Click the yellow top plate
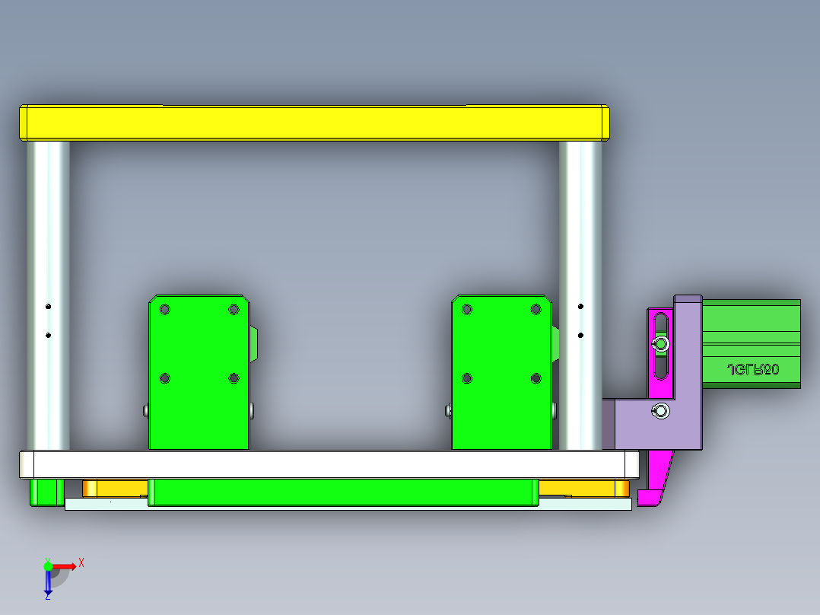[313, 123]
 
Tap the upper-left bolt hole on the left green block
[165, 310]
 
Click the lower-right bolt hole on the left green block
[234, 378]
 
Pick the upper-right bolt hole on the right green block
[536, 310]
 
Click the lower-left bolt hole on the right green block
[467, 378]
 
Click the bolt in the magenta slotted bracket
[661, 346]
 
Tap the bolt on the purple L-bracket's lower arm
[661, 412]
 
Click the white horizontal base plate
[327, 464]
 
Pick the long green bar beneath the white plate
[342, 492]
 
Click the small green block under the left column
[46, 492]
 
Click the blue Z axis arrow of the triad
[48, 583]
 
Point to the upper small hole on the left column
[48, 307]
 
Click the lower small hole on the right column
[580, 335]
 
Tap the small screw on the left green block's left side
[145, 411]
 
